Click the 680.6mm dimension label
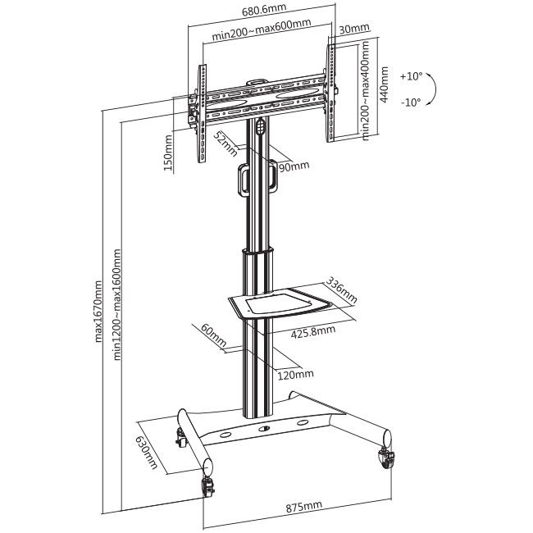264,10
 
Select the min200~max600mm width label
261,30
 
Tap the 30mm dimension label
354,29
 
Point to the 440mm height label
384,84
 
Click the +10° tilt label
411,76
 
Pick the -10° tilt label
411,102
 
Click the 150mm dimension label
168,153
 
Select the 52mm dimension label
225,143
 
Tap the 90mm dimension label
294,166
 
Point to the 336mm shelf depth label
342,290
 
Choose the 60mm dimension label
214,335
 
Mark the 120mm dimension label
295,375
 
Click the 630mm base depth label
147,453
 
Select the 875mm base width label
303,506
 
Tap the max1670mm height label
98,311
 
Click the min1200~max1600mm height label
116,304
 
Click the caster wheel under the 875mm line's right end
387,458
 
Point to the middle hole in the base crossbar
264,429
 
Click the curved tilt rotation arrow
431,89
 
